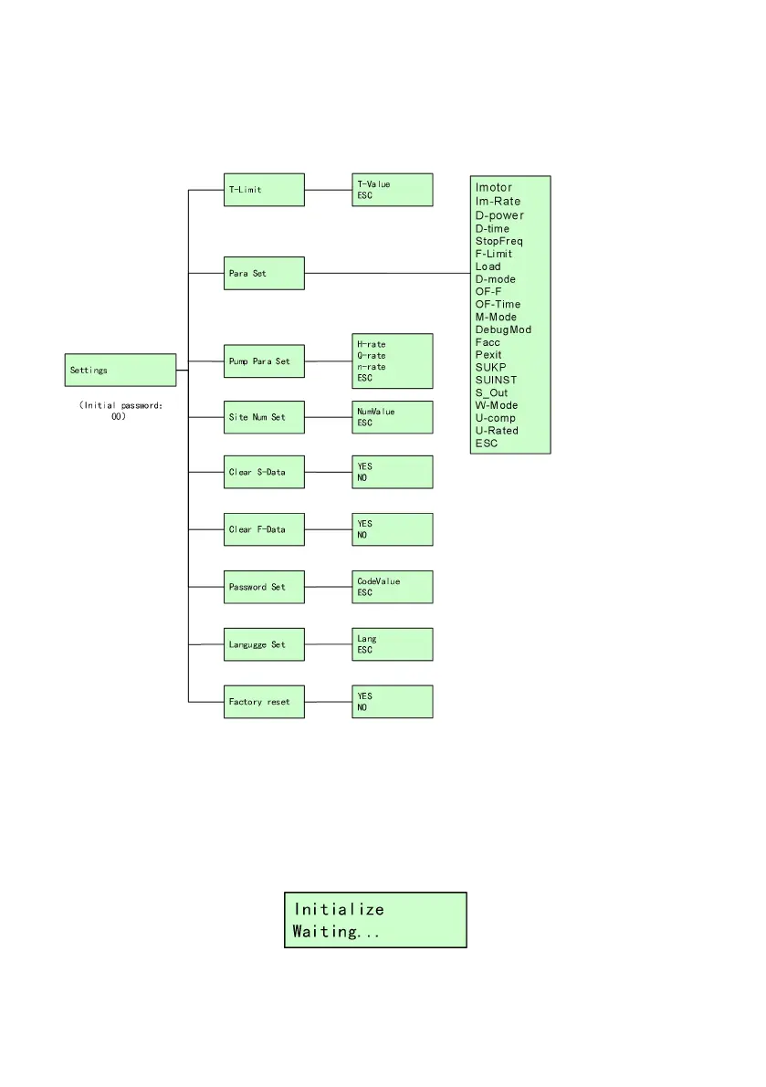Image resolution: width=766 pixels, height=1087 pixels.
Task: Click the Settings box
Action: coord(121,371)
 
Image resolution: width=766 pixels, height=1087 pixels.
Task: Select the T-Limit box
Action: coord(264,190)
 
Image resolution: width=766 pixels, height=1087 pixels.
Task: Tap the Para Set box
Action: coord(264,273)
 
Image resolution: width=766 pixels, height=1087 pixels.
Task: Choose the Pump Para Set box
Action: coord(264,361)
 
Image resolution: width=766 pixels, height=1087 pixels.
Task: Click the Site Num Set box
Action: coord(264,417)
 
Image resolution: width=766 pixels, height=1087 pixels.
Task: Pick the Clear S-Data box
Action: coord(264,472)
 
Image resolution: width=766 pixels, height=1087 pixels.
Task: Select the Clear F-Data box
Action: coord(264,529)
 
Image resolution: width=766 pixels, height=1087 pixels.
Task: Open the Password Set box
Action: coord(264,587)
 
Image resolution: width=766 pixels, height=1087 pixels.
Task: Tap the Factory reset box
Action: coord(264,702)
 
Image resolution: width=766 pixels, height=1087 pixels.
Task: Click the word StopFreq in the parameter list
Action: coord(498,241)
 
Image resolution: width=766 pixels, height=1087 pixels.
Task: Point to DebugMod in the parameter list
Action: coord(503,329)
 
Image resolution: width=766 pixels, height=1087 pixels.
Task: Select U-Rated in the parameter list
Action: coord(497,431)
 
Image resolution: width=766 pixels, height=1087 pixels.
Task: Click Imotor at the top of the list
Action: coord(494,188)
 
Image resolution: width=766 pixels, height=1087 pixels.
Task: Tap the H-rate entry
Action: coord(372,345)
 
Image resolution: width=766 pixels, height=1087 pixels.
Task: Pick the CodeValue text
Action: coord(379,581)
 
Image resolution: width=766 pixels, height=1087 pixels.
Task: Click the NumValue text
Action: coord(376,412)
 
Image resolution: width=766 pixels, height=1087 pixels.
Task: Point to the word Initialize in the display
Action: coord(339,909)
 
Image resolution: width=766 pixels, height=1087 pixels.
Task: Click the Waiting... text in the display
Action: coord(335,932)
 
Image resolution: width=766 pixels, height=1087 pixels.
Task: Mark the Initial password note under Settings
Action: coord(121,411)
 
